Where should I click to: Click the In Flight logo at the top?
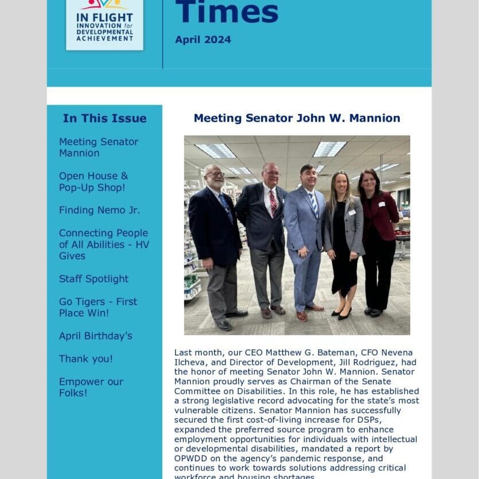click(104, 24)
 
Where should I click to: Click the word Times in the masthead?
click(227, 11)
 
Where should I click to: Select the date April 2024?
click(203, 40)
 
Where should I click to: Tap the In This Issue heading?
click(104, 118)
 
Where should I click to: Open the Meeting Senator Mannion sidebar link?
click(99, 147)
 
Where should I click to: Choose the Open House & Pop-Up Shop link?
click(94, 182)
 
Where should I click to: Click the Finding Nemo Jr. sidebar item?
click(99, 210)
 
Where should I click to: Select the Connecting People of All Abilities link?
click(103, 244)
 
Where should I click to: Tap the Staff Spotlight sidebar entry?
click(94, 279)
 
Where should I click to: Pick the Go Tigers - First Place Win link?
click(98, 307)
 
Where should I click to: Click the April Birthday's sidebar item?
click(95, 336)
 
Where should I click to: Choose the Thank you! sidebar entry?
click(85, 359)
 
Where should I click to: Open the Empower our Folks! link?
click(91, 387)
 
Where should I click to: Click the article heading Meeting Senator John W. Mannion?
click(297, 118)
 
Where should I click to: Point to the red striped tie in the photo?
click(273, 202)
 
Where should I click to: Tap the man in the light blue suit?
click(305, 241)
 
